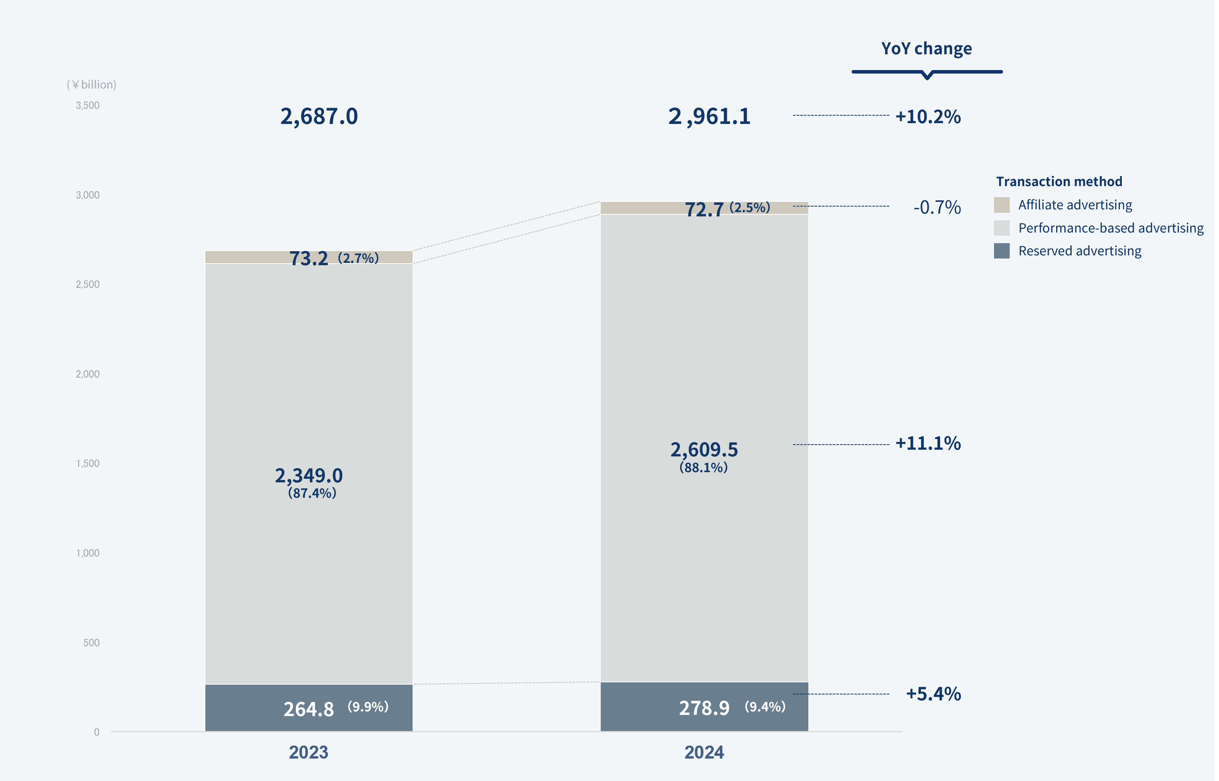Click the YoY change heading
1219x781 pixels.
point(926,49)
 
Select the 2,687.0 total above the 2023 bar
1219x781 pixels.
point(319,116)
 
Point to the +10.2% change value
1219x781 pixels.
point(928,116)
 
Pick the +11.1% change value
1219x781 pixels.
point(928,443)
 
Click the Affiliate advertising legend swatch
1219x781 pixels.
point(1001,205)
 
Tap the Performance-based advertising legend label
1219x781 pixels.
point(1110,228)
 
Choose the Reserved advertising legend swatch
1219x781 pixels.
point(1001,251)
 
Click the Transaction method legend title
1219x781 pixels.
point(1059,181)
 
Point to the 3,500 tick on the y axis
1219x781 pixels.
point(88,105)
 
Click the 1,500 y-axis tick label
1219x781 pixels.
point(88,463)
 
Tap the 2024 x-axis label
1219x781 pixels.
point(704,752)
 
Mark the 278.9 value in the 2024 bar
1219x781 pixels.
point(704,708)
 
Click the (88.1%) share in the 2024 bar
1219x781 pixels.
point(704,467)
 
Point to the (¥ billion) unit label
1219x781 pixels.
point(91,85)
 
